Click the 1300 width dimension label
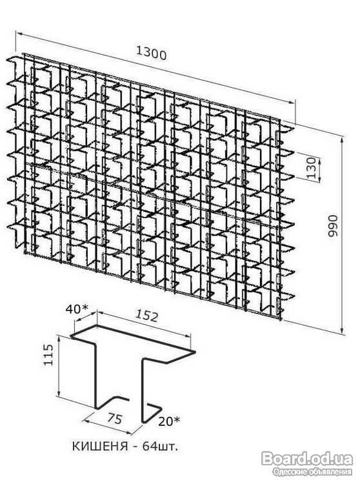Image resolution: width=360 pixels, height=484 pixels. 151,54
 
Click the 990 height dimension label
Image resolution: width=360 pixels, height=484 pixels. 333,226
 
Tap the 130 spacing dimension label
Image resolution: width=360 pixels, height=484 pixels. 312,168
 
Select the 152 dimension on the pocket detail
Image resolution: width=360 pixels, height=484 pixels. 147,316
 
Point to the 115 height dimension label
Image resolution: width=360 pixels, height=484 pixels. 48,355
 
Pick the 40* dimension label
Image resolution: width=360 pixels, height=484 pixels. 77,309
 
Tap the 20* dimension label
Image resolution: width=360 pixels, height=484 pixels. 169,421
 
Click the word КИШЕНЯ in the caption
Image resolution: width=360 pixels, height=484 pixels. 100,447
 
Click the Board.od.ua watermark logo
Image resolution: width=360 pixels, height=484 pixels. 307,459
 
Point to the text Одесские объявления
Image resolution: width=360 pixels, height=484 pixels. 312,471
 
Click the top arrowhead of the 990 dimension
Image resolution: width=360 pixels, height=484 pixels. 342,141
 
